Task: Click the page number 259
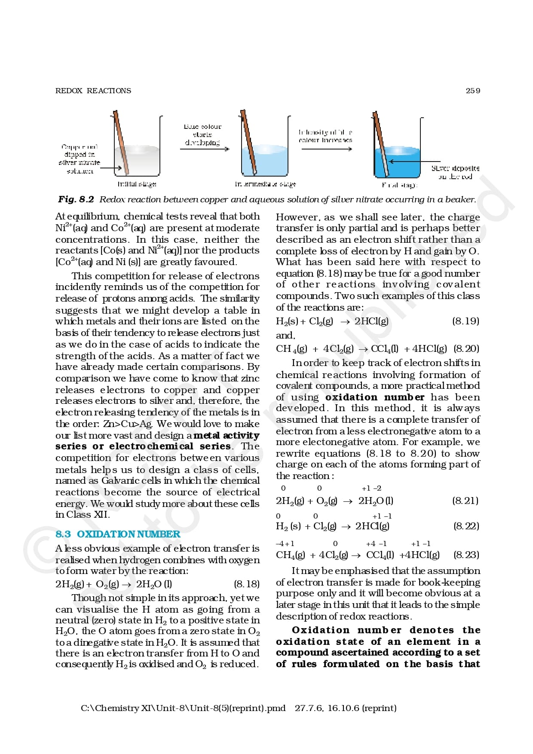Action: click(x=473, y=91)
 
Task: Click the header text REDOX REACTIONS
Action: click(x=93, y=91)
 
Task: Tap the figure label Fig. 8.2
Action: click(x=76, y=199)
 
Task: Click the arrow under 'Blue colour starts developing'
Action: click(x=205, y=149)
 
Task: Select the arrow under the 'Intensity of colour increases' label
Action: click(x=327, y=149)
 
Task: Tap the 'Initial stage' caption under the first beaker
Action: click(x=137, y=184)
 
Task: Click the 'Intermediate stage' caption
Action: click(x=265, y=184)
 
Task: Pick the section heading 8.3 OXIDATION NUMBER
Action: click(x=118, y=534)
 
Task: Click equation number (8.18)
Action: click(x=247, y=584)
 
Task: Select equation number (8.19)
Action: click(x=466, y=321)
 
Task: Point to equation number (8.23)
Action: click(x=466, y=555)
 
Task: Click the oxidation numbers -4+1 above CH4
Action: click(x=285, y=543)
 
